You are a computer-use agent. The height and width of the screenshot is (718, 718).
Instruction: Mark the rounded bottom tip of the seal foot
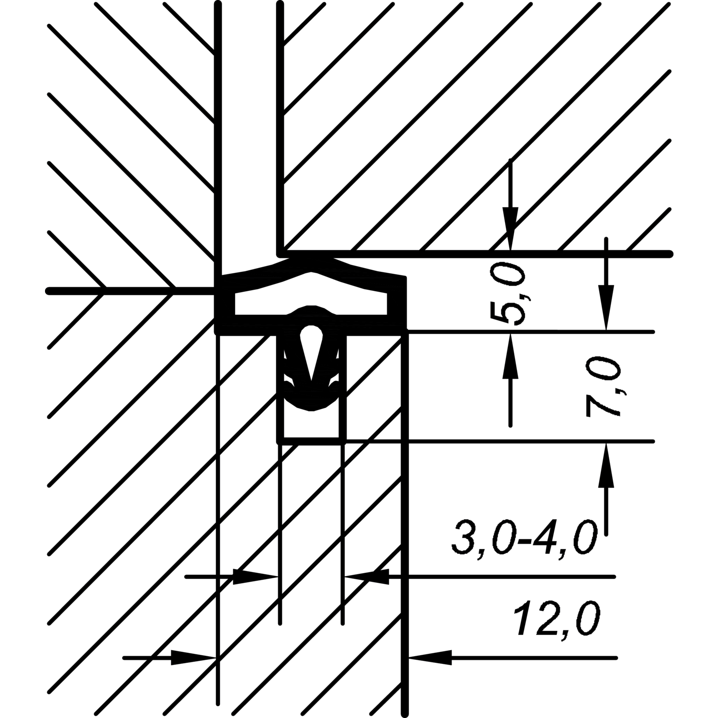312,404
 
